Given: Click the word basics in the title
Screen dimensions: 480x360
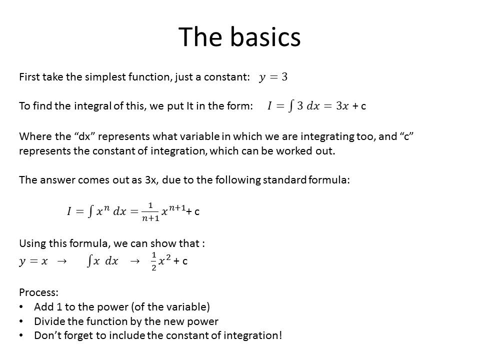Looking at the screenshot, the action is pos(265,36).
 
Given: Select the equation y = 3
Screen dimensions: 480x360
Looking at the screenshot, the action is pos(273,77).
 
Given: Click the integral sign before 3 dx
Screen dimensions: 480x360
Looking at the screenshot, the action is pos(291,106).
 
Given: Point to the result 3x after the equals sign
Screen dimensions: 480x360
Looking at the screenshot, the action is pos(342,106).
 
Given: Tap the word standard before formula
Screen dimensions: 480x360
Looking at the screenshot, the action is pos(284,179).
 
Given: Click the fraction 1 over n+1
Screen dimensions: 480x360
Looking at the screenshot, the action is pos(150,212).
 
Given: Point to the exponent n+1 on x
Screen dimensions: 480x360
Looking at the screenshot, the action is pos(177,208).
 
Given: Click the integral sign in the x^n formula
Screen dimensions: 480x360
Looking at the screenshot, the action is pos(90,211).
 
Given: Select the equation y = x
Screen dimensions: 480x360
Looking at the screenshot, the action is pos(33,261).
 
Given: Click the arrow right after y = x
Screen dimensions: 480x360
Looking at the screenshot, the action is pos(62,261).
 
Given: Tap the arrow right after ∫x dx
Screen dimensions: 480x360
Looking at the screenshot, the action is pos(134,261).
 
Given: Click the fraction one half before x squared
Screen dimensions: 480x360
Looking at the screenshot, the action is pos(153,261).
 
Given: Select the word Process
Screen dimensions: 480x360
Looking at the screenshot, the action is pos(38,292).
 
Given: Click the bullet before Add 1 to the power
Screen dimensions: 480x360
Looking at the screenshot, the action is pos(21,306).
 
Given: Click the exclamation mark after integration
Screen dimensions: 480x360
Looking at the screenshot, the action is pos(280,335).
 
